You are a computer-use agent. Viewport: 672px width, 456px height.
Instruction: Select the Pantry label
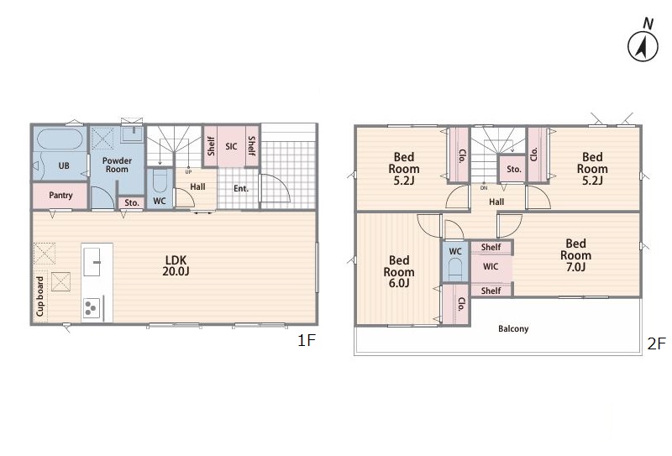pos(60,195)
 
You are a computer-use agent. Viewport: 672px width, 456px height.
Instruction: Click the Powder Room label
pos(117,165)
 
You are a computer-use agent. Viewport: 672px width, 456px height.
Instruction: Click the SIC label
pos(231,146)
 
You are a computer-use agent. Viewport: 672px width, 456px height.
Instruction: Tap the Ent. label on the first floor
pos(241,188)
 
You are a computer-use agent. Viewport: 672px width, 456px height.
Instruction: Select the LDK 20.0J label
pos(176,265)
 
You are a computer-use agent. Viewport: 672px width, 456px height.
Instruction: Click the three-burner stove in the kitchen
pos(92,307)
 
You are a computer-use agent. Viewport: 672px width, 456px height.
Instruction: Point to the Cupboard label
pos(39,296)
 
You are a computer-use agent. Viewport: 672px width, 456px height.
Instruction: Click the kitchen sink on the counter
pos(92,262)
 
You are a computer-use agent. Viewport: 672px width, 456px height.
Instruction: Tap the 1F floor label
pos(307,341)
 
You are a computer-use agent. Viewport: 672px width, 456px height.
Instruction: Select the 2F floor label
pos(657,343)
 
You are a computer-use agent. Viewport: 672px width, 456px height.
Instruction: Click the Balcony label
pos(513,328)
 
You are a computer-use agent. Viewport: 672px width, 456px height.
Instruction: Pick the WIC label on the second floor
pos(491,266)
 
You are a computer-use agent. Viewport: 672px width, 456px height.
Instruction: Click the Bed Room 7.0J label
pos(575,255)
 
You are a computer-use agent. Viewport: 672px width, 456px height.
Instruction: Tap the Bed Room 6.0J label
pos(398,272)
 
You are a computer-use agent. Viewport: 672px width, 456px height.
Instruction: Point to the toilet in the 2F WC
pos(454,270)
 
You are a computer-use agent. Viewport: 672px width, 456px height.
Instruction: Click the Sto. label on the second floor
pos(514,170)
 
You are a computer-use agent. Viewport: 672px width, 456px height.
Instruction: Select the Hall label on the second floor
pos(496,202)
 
